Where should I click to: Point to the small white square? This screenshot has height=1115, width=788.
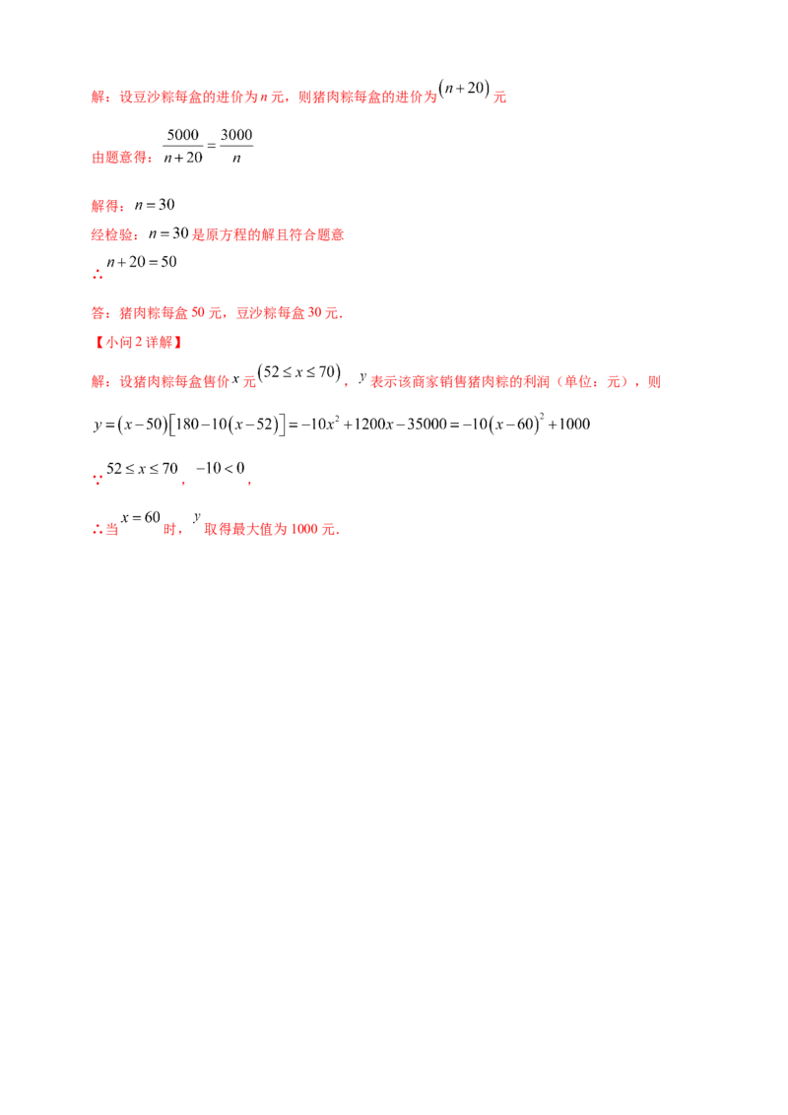(233, 460)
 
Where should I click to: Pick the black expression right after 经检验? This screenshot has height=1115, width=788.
(161, 235)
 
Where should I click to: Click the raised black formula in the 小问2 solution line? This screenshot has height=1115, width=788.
(297, 372)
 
